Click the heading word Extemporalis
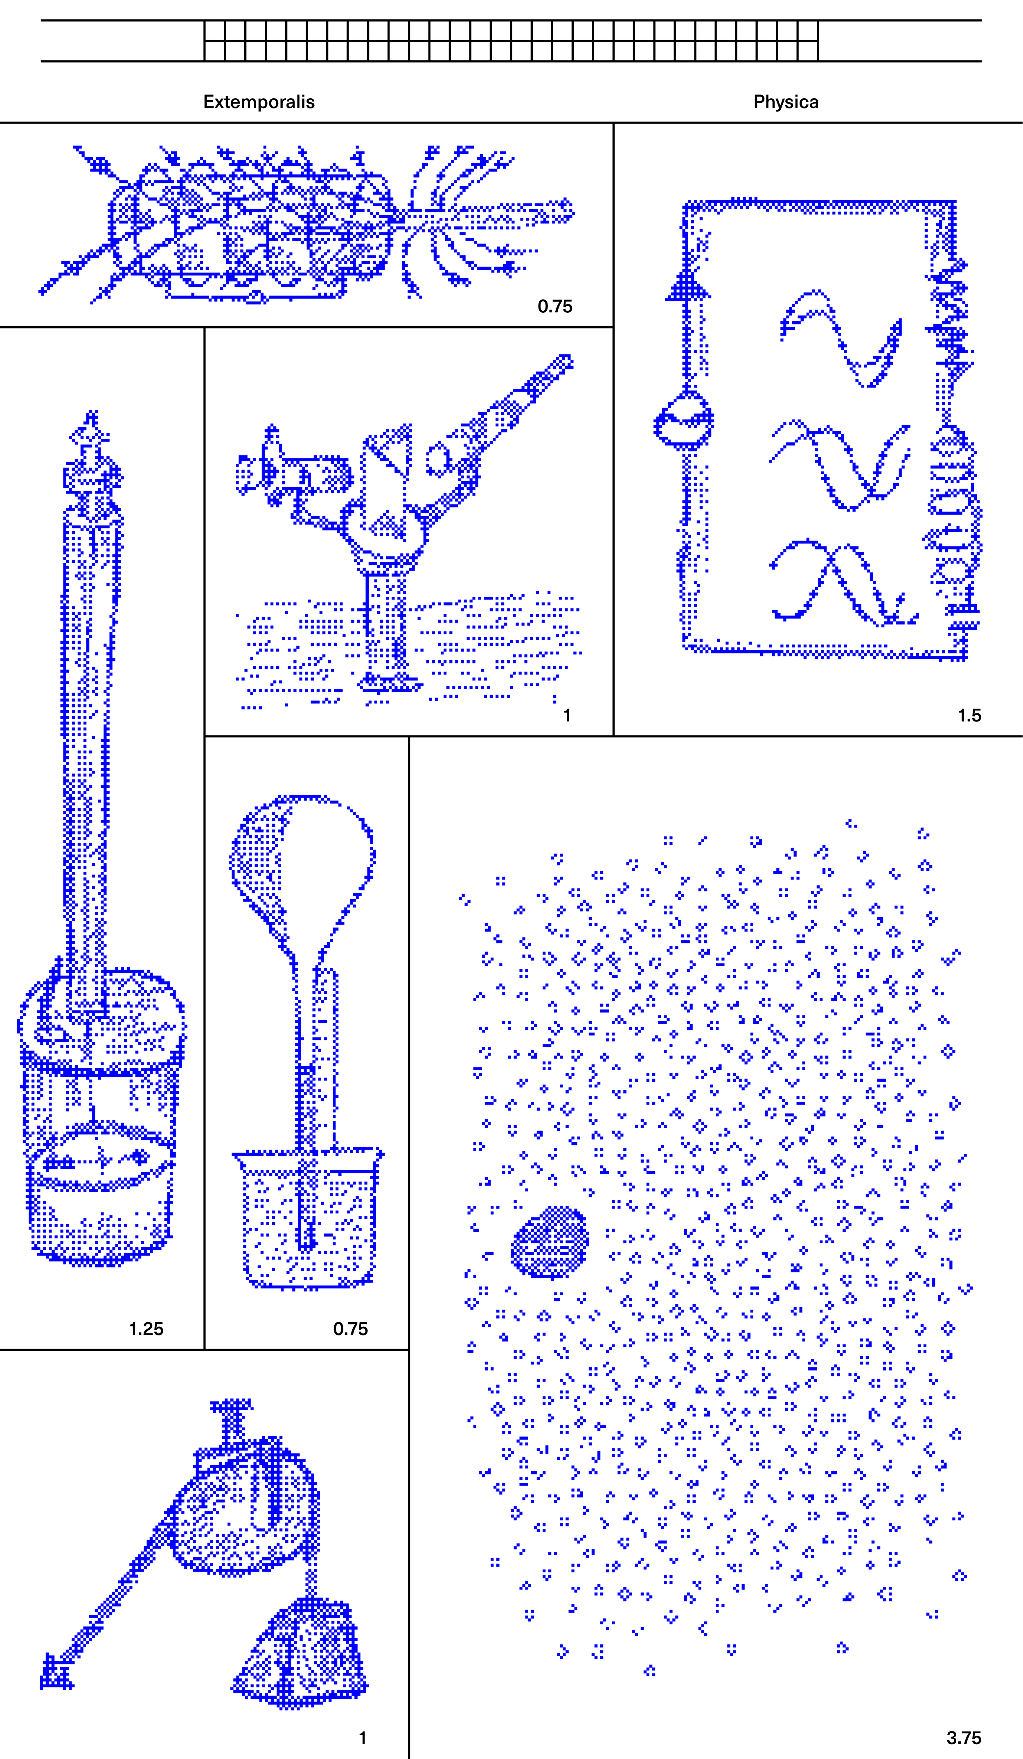point(259,102)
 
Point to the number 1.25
point(146,1328)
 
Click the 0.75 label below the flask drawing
point(350,1328)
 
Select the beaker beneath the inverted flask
point(308,1218)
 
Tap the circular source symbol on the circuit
point(684,421)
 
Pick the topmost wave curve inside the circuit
point(840,335)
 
